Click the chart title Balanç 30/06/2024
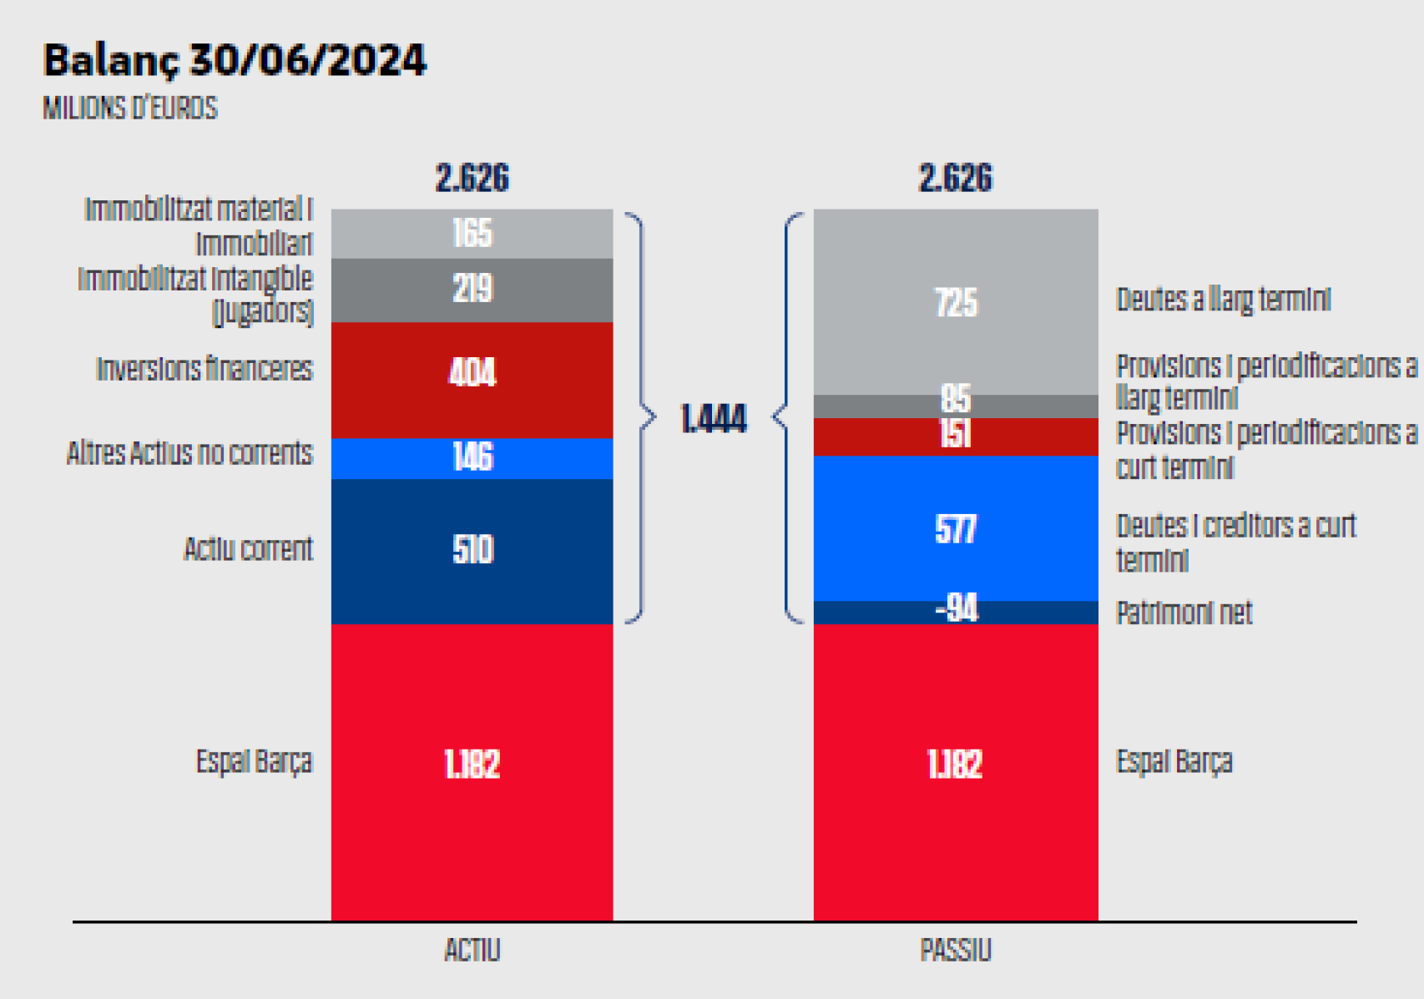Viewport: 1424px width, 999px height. [234, 60]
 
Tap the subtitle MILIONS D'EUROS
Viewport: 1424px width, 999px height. [129, 108]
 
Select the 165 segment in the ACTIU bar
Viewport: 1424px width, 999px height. [472, 233]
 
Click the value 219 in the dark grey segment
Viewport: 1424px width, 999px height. [472, 289]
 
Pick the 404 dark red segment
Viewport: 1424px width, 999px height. [472, 372]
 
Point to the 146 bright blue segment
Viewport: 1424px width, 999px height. [472, 457]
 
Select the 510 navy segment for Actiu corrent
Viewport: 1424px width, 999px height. [472, 549]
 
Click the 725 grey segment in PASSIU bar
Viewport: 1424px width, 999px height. [955, 302]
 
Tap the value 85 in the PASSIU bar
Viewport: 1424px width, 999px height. [955, 399]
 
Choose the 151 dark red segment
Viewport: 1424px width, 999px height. [955, 434]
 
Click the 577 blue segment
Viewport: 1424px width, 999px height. [955, 529]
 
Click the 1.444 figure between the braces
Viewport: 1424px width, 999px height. [713, 419]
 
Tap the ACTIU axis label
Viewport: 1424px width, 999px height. [472, 951]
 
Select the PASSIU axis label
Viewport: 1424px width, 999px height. [955, 951]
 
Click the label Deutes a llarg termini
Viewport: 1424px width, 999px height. [1223, 300]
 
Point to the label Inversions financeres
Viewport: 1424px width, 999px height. [204, 369]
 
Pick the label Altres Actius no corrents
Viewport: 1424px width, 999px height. [189, 453]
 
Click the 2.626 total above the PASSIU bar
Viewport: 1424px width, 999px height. [955, 179]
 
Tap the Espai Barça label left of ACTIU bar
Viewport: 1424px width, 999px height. [254, 762]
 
